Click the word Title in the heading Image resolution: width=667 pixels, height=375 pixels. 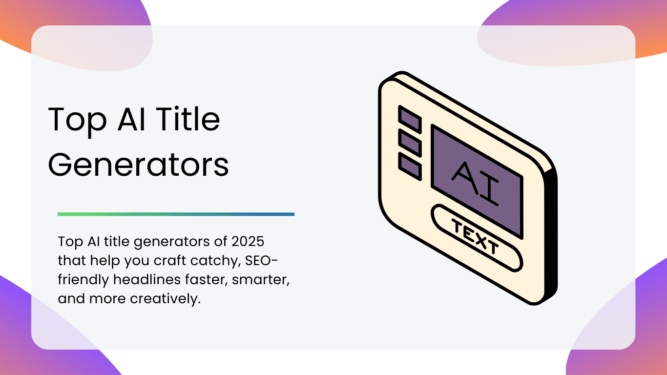pyautogui.click(x=188, y=119)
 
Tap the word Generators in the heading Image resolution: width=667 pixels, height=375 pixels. pyautogui.click(x=138, y=165)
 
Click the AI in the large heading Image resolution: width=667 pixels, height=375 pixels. pyautogui.click(x=131, y=119)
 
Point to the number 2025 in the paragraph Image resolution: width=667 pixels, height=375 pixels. pyautogui.click(x=248, y=241)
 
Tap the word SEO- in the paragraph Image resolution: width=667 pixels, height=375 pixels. pyautogui.click(x=261, y=261)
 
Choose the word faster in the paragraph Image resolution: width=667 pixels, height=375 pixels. pyautogui.click(x=206, y=279)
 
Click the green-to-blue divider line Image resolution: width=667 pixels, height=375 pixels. pyautogui.click(x=176, y=214)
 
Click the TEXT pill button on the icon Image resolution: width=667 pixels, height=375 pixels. pyautogui.click(x=477, y=238)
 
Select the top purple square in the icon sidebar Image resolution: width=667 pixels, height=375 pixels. pyautogui.click(x=410, y=119)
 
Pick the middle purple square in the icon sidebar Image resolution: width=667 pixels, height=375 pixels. pyautogui.click(x=410, y=143)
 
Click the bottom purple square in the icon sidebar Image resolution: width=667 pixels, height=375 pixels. pyautogui.click(x=410, y=167)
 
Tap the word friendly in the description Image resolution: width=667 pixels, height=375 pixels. pyautogui.click(x=83, y=280)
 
